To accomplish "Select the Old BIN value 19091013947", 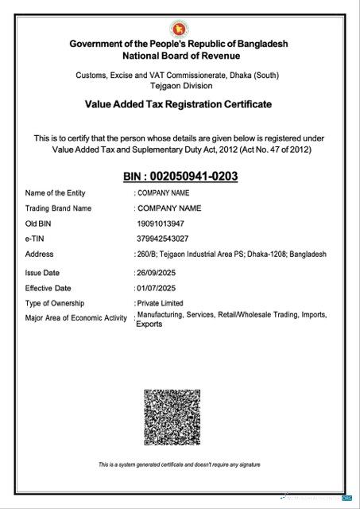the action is click(x=165, y=223).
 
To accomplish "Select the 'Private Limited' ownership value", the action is click(x=160, y=303).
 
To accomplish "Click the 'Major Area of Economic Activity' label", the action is click(x=76, y=318).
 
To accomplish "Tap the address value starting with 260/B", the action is click(x=230, y=254).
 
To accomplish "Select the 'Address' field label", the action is click(x=40, y=254).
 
